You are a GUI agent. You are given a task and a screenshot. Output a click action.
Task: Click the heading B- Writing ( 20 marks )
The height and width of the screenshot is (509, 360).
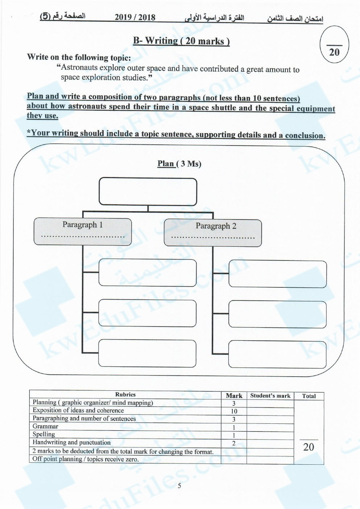point(181,41)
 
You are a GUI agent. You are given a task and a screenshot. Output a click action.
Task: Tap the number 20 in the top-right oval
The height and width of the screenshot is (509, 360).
point(334,52)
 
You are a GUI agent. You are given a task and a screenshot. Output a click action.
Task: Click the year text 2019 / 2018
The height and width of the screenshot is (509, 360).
point(135,17)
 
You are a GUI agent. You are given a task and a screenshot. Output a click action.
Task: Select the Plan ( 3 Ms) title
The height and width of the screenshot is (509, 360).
point(179,164)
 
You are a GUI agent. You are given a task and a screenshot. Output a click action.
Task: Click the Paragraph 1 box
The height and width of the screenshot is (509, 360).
point(83,231)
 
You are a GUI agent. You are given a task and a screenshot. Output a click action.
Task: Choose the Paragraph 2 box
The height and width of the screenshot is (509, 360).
point(213,233)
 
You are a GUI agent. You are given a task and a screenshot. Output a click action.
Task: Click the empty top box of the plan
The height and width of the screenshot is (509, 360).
point(148,192)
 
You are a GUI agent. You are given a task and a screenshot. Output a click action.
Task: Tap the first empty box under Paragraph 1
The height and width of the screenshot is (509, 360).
point(148,272)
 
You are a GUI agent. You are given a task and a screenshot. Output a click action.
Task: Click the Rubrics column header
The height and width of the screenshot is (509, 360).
point(125,395)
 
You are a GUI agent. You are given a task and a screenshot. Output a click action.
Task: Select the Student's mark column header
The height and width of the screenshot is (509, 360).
point(270,396)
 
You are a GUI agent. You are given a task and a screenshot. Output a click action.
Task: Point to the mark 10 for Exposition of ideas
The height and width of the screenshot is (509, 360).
point(234,411)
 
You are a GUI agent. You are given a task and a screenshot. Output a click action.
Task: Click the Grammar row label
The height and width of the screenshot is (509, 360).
point(45,427)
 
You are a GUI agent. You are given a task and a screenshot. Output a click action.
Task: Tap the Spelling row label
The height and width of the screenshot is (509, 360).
point(44,434)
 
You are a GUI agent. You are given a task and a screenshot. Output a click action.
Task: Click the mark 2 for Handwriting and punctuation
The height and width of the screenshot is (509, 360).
point(234,443)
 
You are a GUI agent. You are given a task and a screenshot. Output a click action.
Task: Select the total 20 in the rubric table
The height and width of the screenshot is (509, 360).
point(309,447)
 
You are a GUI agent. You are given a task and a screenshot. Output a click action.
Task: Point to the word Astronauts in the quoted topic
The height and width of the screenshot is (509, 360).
point(79,68)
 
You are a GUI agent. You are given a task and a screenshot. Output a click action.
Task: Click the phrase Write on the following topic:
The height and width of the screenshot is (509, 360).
point(79,57)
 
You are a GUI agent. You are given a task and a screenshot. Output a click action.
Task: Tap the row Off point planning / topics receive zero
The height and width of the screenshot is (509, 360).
point(86,459)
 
